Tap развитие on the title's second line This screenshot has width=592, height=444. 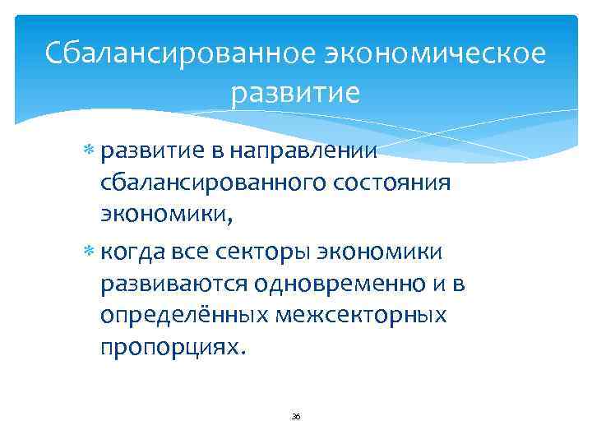(x=296, y=92)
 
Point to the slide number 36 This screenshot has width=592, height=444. (x=296, y=417)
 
